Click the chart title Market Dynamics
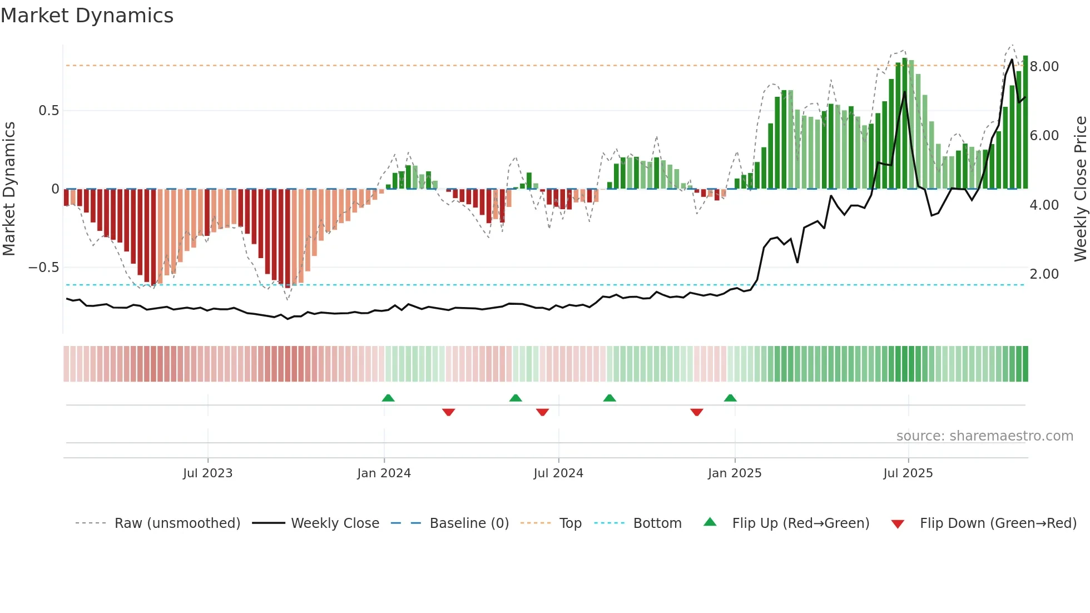[x=87, y=16]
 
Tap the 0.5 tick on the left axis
[x=48, y=111]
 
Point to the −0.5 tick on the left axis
[x=43, y=268]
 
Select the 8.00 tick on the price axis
[x=1044, y=67]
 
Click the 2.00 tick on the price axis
[x=1044, y=274]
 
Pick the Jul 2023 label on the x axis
[x=207, y=473]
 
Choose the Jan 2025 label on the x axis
[x=734, y=473]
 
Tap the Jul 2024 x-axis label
[x=558, y=473]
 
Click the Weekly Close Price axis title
[x=1080, y=189]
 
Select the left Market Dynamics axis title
[x=9, y=189]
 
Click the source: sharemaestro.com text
[x=984, y=436]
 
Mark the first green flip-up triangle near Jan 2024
[x=388, y=398]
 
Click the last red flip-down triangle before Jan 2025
[x=696, y=412]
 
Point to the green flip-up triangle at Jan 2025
[x=730, y=398]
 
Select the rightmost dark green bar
[x=1025, y=122]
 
